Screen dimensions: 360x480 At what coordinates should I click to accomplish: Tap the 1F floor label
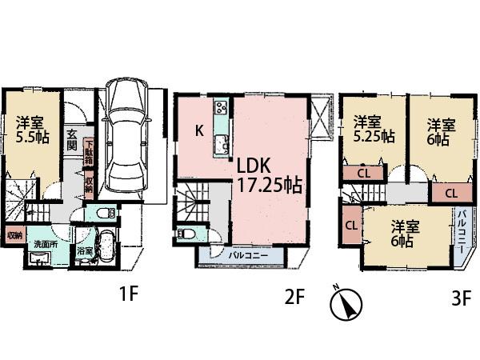point(129,295)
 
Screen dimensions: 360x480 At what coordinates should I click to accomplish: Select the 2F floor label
point(294,297)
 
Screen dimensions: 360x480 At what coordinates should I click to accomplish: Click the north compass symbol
point(346,302)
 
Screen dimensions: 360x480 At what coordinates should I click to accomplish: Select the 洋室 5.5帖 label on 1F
point(31,130)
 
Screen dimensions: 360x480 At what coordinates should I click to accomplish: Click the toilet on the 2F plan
point(186,234)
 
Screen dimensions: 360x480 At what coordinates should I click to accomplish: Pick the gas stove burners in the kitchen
point(221,109)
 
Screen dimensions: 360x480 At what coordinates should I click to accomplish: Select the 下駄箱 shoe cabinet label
point(88,152)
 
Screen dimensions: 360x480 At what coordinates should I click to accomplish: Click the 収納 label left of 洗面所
point(14,235)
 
